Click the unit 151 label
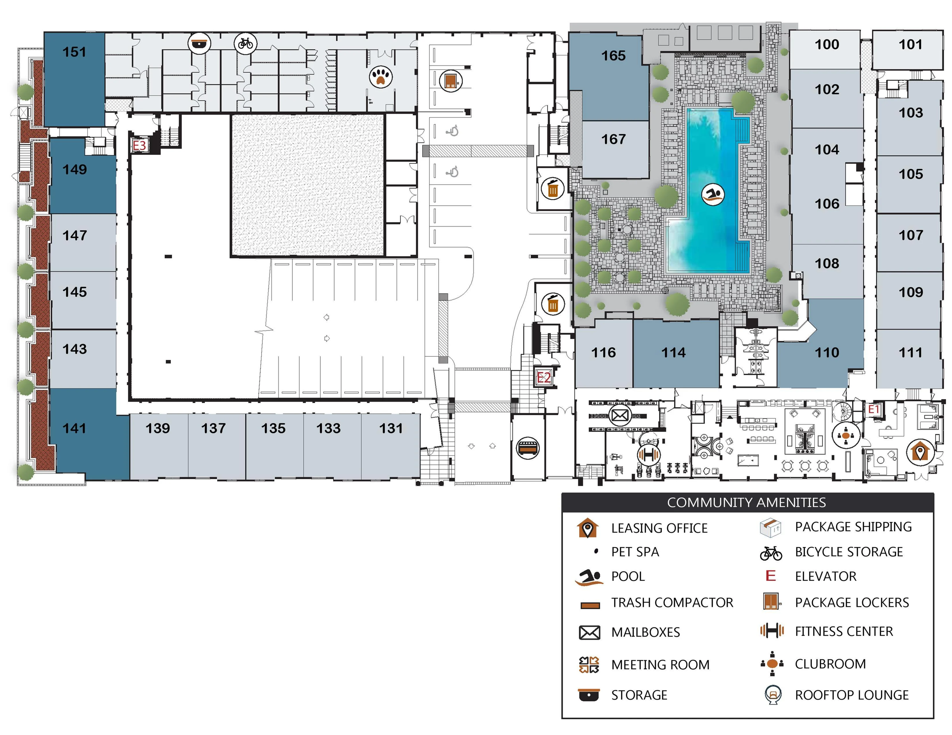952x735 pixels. (x=74, y=52)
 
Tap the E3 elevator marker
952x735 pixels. (x=139, y=146)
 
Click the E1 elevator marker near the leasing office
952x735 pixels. (x=874, y=409)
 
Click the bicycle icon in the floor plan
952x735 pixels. (x=246, y=43)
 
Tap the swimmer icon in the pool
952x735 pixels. (x=713, y=195)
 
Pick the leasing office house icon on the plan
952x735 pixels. (x=920, y=452)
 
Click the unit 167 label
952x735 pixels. (x=613, y=139)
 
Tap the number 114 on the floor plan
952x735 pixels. (x=673, y=352)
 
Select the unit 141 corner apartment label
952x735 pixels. (x=74, y=428)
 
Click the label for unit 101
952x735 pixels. (x=910, y=44)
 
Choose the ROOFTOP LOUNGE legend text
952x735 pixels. (x=851, y=695)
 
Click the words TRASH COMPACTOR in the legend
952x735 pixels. (x=672, y=603)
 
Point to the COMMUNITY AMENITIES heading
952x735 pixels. (x=746, y=502)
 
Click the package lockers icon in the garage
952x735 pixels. (x=450, y=80)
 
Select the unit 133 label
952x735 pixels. (x=328, y=428)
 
